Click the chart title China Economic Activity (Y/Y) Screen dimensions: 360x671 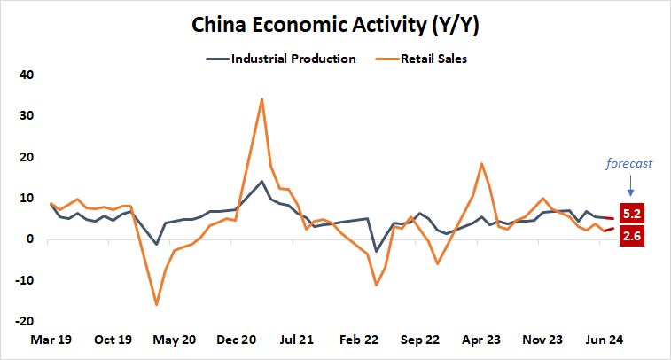335,27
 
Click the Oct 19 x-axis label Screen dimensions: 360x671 113,340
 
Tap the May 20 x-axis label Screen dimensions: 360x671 176,340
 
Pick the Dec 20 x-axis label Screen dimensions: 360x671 238,340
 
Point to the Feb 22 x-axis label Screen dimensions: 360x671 361,340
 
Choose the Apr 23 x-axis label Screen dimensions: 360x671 484,340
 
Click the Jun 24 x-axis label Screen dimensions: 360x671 607,340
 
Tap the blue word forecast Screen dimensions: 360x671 629,163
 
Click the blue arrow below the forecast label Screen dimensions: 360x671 630,185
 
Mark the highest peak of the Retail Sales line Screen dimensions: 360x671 261,98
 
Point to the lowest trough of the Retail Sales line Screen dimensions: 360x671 157,304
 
